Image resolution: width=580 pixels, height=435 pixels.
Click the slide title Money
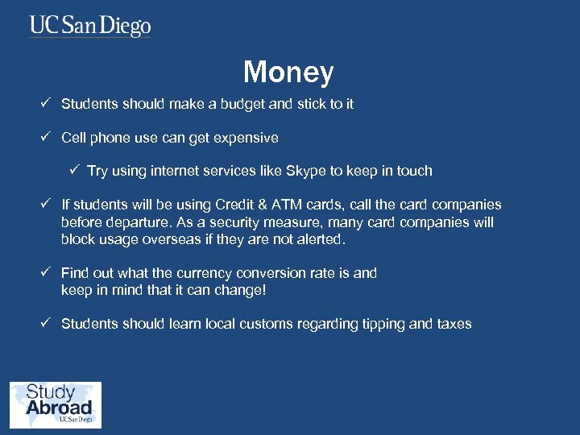tap(288, 72)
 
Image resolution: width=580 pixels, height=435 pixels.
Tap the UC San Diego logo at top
tap(90, 26)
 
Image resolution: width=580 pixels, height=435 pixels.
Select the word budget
tap(228, 104)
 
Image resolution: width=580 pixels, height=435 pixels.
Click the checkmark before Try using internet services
tap(74, 170)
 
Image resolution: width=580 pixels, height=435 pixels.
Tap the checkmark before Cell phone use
tap(48, 137)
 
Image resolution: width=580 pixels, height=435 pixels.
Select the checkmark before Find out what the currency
tap(48, 272)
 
